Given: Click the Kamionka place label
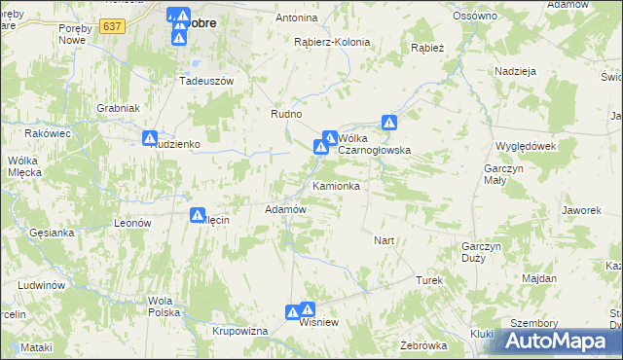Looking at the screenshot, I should click(337, 186).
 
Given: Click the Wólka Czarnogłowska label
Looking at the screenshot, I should click(374, 144).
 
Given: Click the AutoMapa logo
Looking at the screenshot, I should click(562, 341).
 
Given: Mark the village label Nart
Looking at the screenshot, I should click(384, 239).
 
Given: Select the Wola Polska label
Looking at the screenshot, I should click(165, 306).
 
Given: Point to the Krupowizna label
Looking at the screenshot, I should click(239, 331).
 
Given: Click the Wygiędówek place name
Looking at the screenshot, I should click(525, 145).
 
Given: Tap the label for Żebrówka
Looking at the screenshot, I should click(422, 345).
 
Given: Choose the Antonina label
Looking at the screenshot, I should click(297, 18).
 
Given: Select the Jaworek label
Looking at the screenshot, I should click(579, 209).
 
